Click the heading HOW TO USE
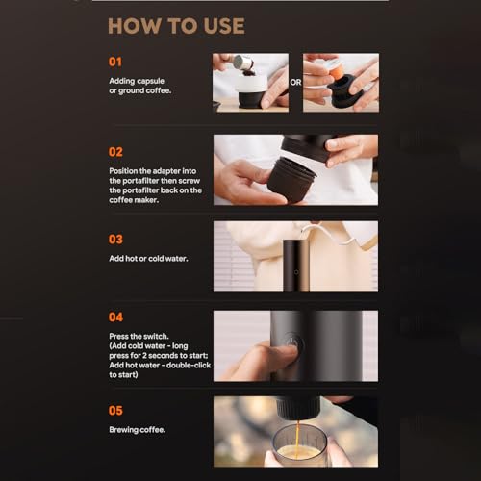[176, 26]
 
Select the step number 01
[115, 62]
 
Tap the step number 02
[115, 152]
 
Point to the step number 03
[115, 240]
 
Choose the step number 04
[115, 317]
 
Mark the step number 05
[115, 411]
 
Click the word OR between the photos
[295, 83]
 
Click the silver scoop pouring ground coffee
[242, 63]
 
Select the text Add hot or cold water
[148, 259]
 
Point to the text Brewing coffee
[138, 430]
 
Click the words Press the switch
[139, 336]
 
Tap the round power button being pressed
[294, 343]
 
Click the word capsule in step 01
[151, 82]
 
